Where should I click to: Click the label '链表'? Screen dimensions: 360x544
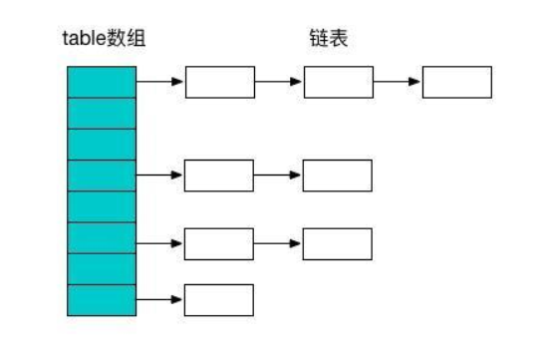[x=327, y=41]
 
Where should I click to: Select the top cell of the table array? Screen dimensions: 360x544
[x=101, y=82]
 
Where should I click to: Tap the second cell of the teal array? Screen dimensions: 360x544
[x=101, y=113]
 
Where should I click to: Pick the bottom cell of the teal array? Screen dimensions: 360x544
[x=101, y=300]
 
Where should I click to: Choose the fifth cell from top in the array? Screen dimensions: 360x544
[x=101, y=206]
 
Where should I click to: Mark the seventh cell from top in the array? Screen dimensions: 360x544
[x=101, y=269]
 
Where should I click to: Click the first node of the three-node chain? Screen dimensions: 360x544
[x=219, y=82]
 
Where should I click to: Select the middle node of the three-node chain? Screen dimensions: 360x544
[x=338, y=82]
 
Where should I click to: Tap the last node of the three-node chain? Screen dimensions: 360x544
[x=456, y=82]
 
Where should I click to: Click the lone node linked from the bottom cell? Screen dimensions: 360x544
[x=219, y=300]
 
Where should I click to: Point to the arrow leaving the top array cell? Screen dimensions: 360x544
[x=159, y=82]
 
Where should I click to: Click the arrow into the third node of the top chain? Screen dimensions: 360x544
[x=397, y=82]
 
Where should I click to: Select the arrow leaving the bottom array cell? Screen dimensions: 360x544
[x=159, y=300]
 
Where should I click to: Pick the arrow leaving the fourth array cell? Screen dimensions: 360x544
[x=159, y=176]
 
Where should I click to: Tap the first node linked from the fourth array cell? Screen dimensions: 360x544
[x=219, y=176]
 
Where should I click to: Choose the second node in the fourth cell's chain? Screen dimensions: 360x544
[x=337, y=176]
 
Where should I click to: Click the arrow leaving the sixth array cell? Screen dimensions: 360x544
[x=159, y=243]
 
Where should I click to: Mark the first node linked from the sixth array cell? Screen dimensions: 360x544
[x=219, y=243]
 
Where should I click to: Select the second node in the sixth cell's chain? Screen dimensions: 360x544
[x=337, y=243]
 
